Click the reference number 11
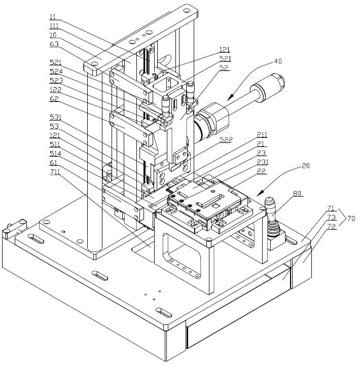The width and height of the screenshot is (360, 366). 53,17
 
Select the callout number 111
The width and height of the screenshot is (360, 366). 54,26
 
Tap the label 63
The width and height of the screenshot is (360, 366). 54,44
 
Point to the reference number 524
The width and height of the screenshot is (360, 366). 56,71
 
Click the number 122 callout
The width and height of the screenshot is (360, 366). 56,90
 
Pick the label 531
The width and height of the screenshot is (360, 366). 56,117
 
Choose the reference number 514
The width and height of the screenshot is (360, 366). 56,154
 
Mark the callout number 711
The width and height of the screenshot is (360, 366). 55,172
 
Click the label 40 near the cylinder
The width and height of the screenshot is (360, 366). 278,61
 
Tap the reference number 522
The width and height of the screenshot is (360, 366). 226,139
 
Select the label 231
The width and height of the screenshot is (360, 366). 263,162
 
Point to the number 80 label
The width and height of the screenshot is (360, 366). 297,194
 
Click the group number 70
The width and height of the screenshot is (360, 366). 351,218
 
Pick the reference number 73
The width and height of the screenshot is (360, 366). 331,217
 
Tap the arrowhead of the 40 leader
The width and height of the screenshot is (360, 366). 230,97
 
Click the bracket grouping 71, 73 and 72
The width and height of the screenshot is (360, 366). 342,217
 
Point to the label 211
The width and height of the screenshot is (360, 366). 262,135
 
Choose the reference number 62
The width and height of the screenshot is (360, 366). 54,99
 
